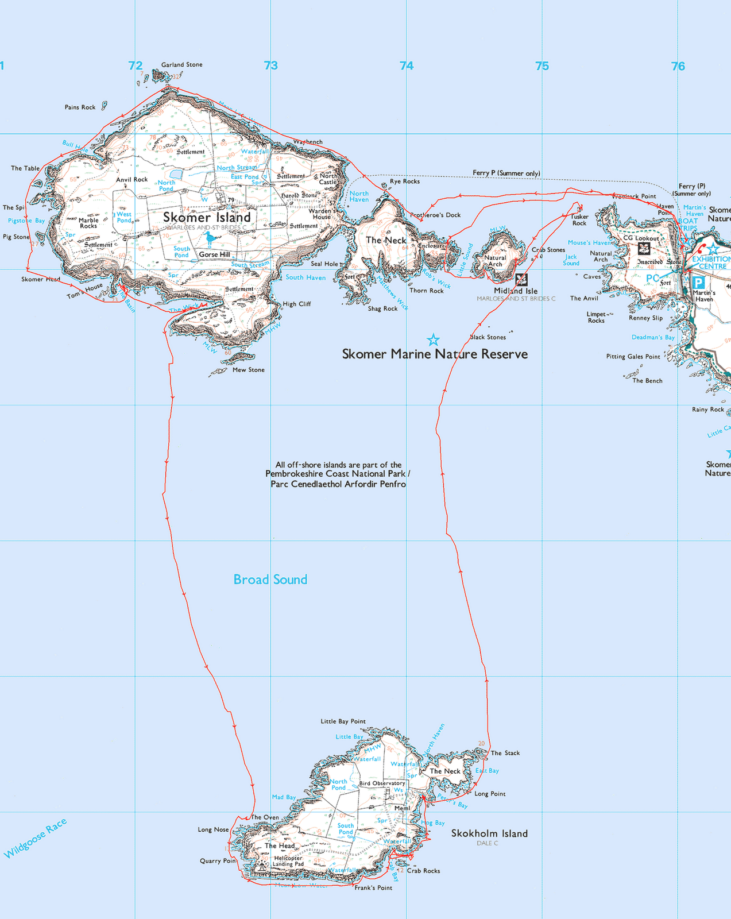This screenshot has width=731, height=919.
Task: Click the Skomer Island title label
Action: tap(207, 217)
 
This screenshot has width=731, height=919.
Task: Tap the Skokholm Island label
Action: tap(489, 833)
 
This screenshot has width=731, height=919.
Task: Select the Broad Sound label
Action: tap(270, 580)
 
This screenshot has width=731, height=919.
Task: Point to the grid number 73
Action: tap(271, 66)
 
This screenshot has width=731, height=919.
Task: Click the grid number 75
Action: tap(542, 66)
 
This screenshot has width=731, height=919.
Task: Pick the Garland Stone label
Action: tap(181, 65)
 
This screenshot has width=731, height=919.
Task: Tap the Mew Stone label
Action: tap(249, 370)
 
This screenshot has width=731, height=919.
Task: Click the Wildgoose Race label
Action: tap(35, 839)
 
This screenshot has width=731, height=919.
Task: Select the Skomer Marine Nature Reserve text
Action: tap(435, 354)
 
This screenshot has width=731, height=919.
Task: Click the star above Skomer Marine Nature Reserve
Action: tap(433, 340)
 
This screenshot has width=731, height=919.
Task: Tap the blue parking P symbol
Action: tap(698, 283)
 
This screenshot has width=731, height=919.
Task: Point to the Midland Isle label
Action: tap(516, 291)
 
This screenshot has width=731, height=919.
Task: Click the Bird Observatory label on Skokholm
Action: tap(382, 783)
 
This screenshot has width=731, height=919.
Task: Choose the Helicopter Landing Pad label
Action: tap(288, 861)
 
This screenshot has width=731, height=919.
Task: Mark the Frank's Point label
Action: tap(373, 888)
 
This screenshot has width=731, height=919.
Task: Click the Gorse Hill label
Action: tap(214, 254)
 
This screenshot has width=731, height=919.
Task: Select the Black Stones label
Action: tap(488, 337)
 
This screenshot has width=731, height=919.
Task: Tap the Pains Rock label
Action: tap(80, 107)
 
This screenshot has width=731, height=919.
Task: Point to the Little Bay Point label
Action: tap(343, 721)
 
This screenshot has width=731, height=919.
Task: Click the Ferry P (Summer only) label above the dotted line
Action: tap(506, 173)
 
